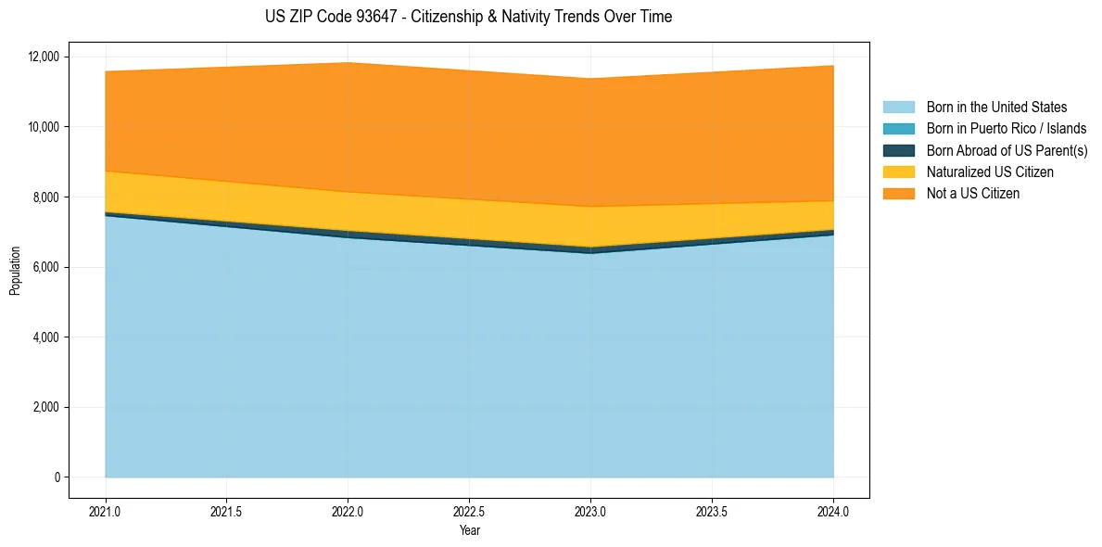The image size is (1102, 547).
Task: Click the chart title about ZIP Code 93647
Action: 468,17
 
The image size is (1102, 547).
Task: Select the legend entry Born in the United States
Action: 996,108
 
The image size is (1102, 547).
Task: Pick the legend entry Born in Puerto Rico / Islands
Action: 1006,129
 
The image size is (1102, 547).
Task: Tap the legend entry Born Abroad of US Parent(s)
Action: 1007,150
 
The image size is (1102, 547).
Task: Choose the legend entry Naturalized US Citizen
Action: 990,172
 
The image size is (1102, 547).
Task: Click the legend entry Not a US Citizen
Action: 972,194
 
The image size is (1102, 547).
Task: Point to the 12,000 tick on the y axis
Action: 44,57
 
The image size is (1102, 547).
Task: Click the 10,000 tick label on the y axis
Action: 44,127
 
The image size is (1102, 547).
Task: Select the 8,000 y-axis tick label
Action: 46,197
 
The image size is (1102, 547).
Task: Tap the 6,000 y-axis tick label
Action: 46,267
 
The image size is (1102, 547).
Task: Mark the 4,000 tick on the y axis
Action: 46,337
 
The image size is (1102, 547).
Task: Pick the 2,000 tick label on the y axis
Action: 46,407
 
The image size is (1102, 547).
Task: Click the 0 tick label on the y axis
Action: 57,477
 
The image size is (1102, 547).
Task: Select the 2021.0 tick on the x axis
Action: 106,511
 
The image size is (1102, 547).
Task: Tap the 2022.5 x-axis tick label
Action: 469,511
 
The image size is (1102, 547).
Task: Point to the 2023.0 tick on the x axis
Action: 590,511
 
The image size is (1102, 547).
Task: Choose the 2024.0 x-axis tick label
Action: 833,511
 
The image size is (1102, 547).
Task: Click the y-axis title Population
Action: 15,271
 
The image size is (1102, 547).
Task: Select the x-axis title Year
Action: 469,530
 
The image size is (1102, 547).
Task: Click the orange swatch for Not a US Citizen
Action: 898,194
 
